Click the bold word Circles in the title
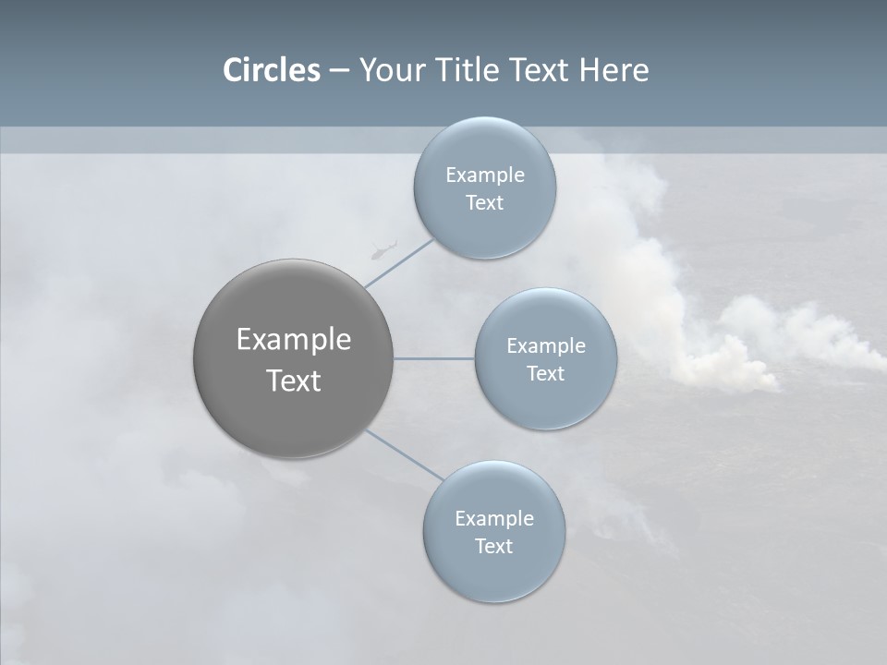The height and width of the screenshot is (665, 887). (272, 70)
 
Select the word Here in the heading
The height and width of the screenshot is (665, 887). (614, 70)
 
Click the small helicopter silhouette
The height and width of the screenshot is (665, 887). (383, 249)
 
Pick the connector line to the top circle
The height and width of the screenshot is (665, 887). (399, 262)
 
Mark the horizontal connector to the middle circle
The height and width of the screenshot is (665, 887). (434, 358)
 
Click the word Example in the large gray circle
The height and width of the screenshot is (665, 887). (294, 340)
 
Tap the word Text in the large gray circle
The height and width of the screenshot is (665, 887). (294, 381)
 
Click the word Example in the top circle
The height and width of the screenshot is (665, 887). (485, 175)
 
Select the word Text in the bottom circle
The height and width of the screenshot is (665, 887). (493, 546)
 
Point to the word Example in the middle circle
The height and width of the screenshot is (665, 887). (546, 346)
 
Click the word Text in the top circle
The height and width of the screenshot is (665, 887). (484, 203)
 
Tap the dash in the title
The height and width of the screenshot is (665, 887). (338, 70)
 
